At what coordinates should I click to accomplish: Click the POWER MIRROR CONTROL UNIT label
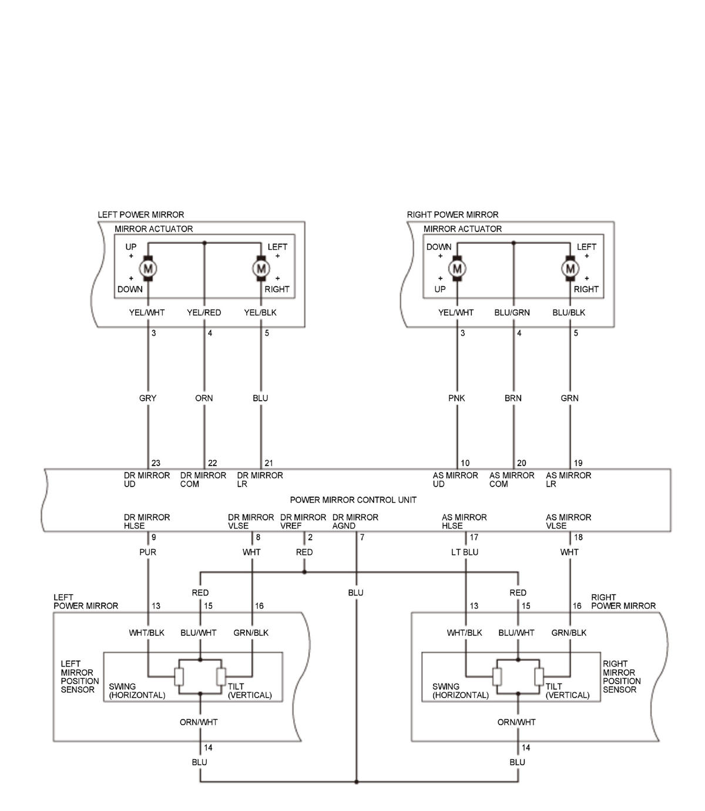click(x=353, y=500)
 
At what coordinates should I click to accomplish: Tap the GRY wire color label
click(x=147, y=398)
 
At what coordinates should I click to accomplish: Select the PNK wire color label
click(x=456, y=398)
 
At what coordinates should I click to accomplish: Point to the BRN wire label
click(x=513, y=398)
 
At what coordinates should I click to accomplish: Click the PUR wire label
click(x=147, y=552)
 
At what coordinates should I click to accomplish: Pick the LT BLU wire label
click(x=465, y=552)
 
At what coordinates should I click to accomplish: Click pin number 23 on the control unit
click(x=156, y=463)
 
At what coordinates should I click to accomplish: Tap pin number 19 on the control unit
click(x=578, y=463)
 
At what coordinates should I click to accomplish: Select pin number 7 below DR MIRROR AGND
click(x=362, y=537)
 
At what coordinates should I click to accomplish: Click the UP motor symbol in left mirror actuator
click(x=147, y=269)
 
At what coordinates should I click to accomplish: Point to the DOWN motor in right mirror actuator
click(x=457, y=269)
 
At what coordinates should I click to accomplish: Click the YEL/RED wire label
click(x=204, y=313)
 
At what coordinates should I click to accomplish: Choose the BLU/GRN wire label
click(x=512, y=313)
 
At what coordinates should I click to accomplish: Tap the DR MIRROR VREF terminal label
click(x=303, y=521)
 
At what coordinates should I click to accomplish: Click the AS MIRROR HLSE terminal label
click(x=464, y=521)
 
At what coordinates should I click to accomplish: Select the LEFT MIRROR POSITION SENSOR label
click(x=80, y=676)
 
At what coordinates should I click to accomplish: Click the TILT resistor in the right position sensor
click(x=539, y=676)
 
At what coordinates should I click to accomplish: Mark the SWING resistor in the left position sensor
click(x=180, y=676)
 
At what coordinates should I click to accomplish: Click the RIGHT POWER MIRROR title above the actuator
click(x=452, y=215)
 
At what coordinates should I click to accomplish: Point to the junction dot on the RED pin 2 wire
click(x=304, y=572)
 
